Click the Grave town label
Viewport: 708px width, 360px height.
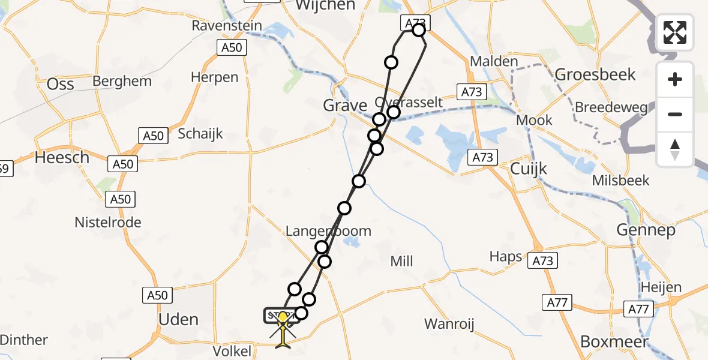(x=344, y=106)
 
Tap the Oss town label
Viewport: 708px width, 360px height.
(x=61, y=83)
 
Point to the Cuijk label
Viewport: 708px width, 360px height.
(x=528, y=169)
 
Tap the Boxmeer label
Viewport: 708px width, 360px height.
(x=614, y=341)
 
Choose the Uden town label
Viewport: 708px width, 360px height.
(x=178, y=319)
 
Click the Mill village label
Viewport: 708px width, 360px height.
(x=401, y=261)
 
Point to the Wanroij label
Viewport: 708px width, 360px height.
(x=449, y=325)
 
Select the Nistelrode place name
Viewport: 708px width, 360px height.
(x=107, y=223)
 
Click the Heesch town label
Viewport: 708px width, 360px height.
(x=62, y=158)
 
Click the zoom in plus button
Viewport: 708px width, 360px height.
(x=675, y=79)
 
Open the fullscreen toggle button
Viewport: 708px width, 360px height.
(x=675, y=32)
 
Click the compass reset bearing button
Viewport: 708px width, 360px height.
(x=675, y=149)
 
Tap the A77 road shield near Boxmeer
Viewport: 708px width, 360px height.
(x=557, y=303)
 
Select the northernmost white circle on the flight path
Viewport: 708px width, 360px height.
(x=419, y=31)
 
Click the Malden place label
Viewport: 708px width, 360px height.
(x=494, y=61)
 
